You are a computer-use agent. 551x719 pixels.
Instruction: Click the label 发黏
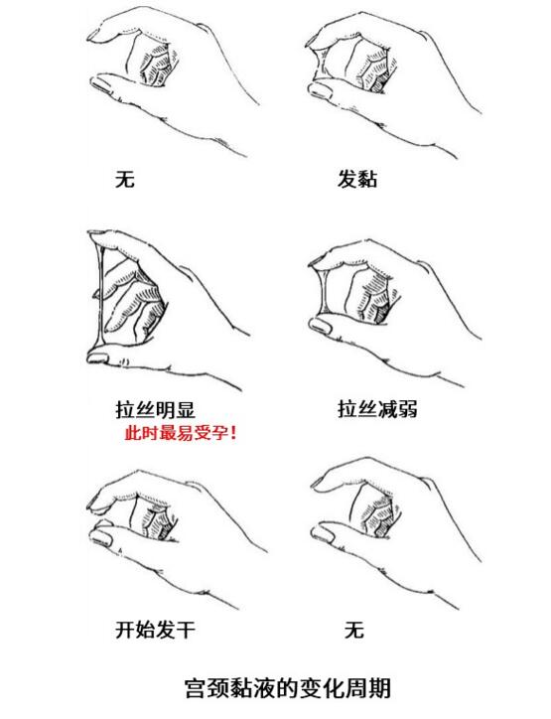357,180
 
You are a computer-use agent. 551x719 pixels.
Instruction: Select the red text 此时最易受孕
175,433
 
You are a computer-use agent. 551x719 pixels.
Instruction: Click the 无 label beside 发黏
125,180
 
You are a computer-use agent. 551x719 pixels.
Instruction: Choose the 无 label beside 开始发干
353,629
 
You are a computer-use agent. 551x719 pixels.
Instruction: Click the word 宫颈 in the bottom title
207,687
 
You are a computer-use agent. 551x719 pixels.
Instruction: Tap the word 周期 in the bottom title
367,687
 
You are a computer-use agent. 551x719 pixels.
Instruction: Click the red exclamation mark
233,433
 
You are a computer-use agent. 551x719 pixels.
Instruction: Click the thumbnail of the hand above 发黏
387,74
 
